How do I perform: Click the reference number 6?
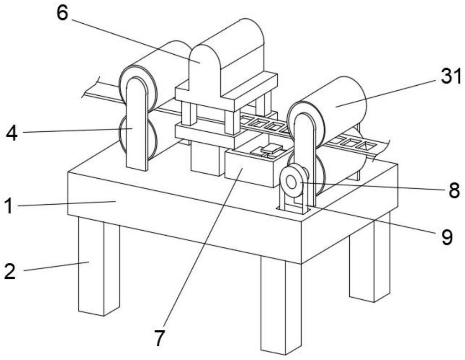click(62, 13)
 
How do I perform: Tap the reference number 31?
click(450, 76)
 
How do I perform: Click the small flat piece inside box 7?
click(271, 148)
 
